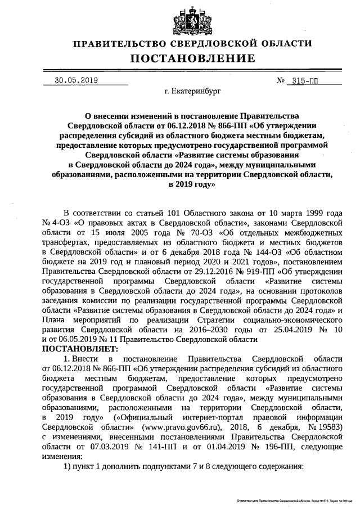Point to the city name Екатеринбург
coord(192,90)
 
